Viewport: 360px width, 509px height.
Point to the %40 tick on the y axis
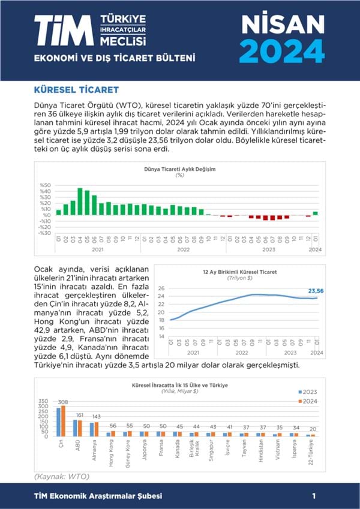tap(46, 191)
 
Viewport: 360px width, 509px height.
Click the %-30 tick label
tap(44, 233)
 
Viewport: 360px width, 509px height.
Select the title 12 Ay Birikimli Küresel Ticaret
tap(239, 272)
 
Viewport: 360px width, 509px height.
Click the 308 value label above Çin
tap(61, 402)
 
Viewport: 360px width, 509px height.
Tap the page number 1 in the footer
tap(314, 496)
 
